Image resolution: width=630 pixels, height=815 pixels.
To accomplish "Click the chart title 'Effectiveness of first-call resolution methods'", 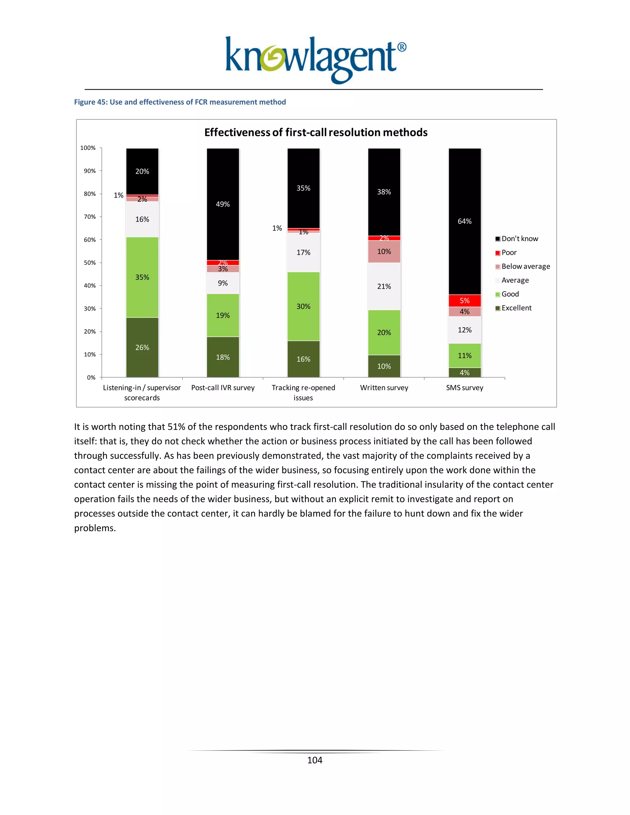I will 316,133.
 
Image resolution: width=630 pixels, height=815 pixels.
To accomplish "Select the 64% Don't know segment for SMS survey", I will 465,221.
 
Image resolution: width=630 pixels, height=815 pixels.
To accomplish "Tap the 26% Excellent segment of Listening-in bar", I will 142,348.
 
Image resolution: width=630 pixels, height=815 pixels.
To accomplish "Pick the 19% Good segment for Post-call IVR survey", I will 223,315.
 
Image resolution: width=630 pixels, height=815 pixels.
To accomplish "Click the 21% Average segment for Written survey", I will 384,286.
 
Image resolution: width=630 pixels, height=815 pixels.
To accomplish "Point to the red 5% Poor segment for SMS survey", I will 465,300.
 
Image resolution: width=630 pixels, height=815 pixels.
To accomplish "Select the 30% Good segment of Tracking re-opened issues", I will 303,306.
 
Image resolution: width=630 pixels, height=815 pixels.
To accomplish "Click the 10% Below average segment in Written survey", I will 384,252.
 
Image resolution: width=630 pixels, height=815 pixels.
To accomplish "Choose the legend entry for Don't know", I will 520,239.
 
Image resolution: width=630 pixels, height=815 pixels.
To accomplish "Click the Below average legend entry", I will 525,266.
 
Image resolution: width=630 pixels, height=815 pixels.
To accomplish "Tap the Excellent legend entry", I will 516,308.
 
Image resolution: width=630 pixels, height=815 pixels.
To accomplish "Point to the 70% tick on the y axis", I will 90,217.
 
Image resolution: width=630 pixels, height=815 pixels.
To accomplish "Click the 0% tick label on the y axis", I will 91,378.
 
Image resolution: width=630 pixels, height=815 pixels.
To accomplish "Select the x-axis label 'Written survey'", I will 384,388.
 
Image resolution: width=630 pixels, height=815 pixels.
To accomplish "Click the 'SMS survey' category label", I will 465,388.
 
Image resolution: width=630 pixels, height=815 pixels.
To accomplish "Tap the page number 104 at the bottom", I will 315,760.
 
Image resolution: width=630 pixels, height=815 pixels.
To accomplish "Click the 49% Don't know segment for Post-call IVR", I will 223,204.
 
